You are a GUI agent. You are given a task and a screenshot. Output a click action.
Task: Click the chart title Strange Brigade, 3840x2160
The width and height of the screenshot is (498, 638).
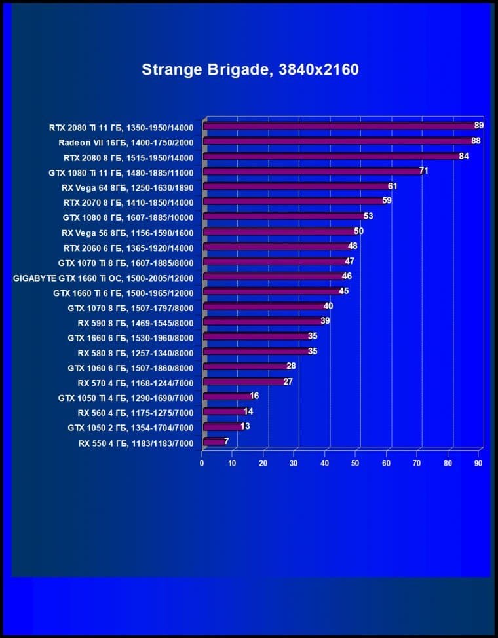coord(250,69)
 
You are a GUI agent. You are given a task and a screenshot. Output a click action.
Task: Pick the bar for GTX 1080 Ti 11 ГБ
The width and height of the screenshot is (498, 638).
coord(311,172)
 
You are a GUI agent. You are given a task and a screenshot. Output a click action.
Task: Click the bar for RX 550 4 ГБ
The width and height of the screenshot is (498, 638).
coord(214,442)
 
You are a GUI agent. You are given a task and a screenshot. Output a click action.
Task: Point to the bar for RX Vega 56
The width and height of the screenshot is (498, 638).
coord(279,232)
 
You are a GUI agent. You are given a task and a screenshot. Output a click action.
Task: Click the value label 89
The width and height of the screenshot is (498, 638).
coord(479,126)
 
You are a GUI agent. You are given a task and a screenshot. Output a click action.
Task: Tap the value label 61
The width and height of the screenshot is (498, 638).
coord(393,187)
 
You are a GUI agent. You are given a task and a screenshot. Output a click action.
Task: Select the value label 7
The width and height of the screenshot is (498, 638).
coord(227,441)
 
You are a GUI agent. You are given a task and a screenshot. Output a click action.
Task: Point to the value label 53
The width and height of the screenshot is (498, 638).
coord(368,216)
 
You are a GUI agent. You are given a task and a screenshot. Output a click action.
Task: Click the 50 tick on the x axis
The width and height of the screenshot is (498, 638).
coord(356,464)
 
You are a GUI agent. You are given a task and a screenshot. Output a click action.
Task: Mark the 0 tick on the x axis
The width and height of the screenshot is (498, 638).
coord(202,464)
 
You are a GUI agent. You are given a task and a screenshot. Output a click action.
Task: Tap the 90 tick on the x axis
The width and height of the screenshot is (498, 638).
coord(478,464)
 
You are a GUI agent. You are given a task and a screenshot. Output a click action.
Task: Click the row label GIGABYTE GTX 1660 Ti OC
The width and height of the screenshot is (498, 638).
coord(104,278)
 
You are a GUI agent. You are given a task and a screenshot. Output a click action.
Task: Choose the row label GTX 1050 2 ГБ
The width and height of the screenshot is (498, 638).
coord(130,428)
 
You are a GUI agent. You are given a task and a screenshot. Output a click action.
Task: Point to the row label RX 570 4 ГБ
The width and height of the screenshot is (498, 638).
coord(136,383)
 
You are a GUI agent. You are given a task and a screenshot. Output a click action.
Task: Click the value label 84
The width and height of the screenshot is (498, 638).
coord(464,157)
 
